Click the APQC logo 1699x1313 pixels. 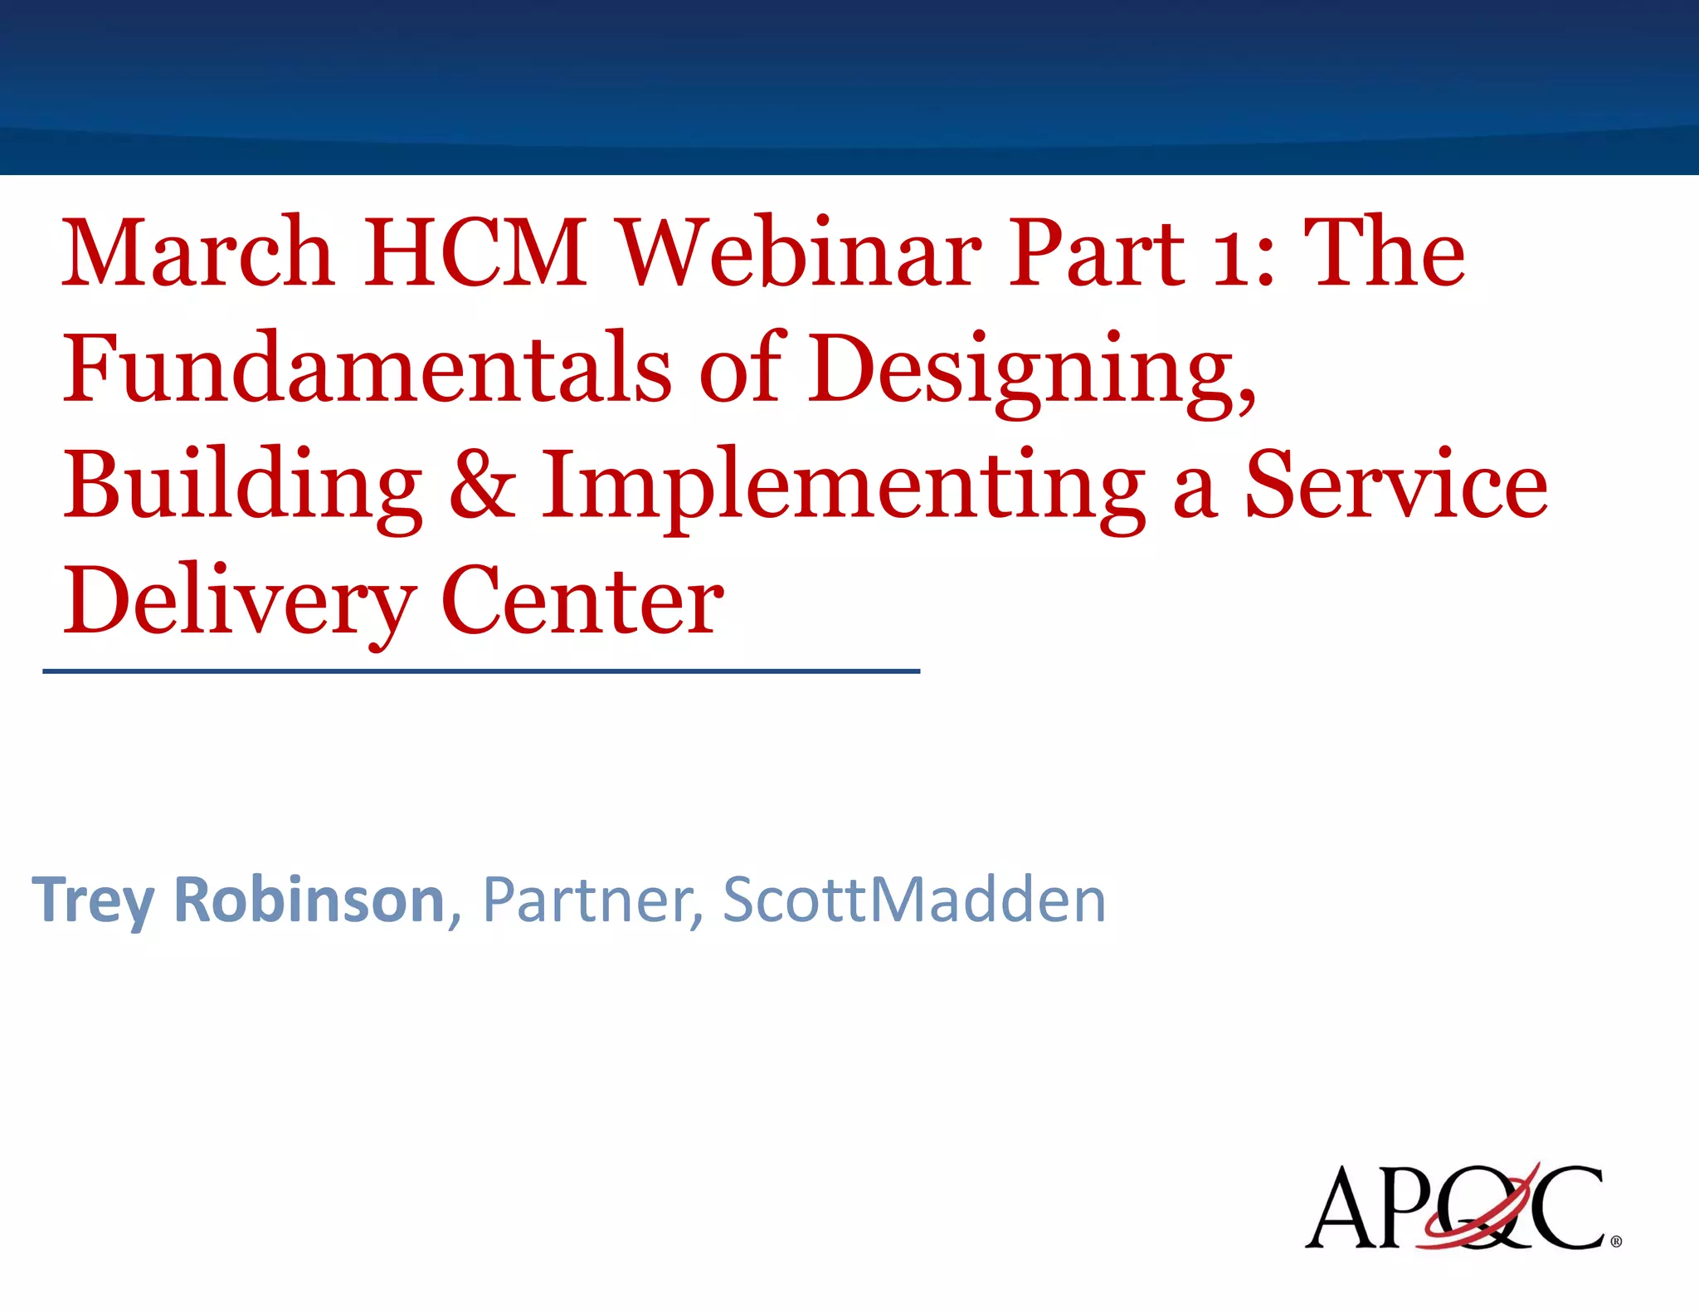(1455, 1208)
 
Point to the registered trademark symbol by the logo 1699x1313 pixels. (1615, 1242)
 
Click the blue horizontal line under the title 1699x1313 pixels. (481, 671)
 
